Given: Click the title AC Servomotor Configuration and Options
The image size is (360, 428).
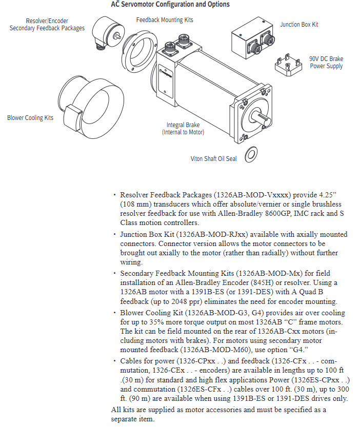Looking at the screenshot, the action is point(170,4).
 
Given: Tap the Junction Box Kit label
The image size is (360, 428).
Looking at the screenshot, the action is point(299,25).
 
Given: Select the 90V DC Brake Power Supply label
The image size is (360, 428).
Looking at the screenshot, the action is point(326,63).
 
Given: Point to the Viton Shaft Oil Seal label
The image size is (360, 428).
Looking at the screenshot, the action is point(214,158).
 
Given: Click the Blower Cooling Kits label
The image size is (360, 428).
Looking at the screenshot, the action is point(30,118).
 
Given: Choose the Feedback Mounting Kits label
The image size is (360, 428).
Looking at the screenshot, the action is point(165,20).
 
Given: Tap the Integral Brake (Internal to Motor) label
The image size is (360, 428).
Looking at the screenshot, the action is point(183,129).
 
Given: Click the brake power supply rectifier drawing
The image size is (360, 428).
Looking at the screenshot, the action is point(288,65).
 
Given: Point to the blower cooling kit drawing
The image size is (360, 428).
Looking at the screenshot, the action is point(91,107).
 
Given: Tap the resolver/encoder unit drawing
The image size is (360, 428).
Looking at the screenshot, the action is point(108,33).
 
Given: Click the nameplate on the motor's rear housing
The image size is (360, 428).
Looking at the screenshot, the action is point(166,81).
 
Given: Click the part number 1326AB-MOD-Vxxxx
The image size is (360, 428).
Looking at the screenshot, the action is point(252,195).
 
